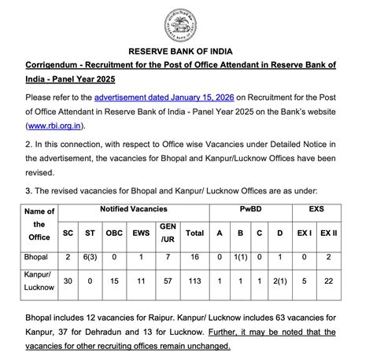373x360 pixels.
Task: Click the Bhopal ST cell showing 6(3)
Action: (90, 257)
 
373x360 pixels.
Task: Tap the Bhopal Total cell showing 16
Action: (194, 257)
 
